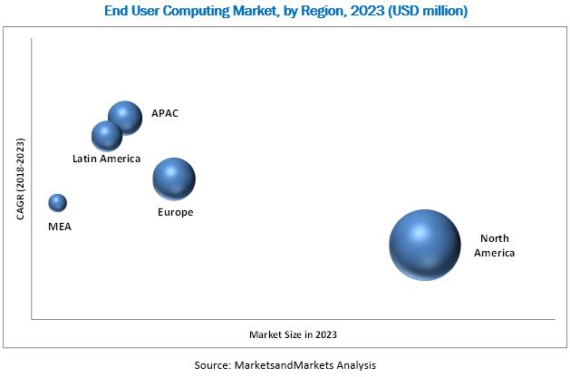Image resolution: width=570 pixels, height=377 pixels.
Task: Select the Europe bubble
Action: click(x=174, y=179)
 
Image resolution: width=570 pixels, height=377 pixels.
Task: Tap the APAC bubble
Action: click(x=125, y=117)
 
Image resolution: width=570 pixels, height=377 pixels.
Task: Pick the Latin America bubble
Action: click(x=107, y=136)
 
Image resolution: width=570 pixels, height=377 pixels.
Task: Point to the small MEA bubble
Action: click(x=57, y=202)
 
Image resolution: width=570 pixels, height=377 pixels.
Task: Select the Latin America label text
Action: click(x=107, y=159)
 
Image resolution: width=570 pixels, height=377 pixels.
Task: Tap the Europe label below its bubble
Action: click(x=175, y=212)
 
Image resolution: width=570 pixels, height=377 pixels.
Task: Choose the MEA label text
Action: click(x=60, y=227)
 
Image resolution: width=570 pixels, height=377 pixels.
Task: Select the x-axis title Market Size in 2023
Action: click(x=298, y=334)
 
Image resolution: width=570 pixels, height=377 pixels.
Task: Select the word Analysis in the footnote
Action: click(x=353, y=364)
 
